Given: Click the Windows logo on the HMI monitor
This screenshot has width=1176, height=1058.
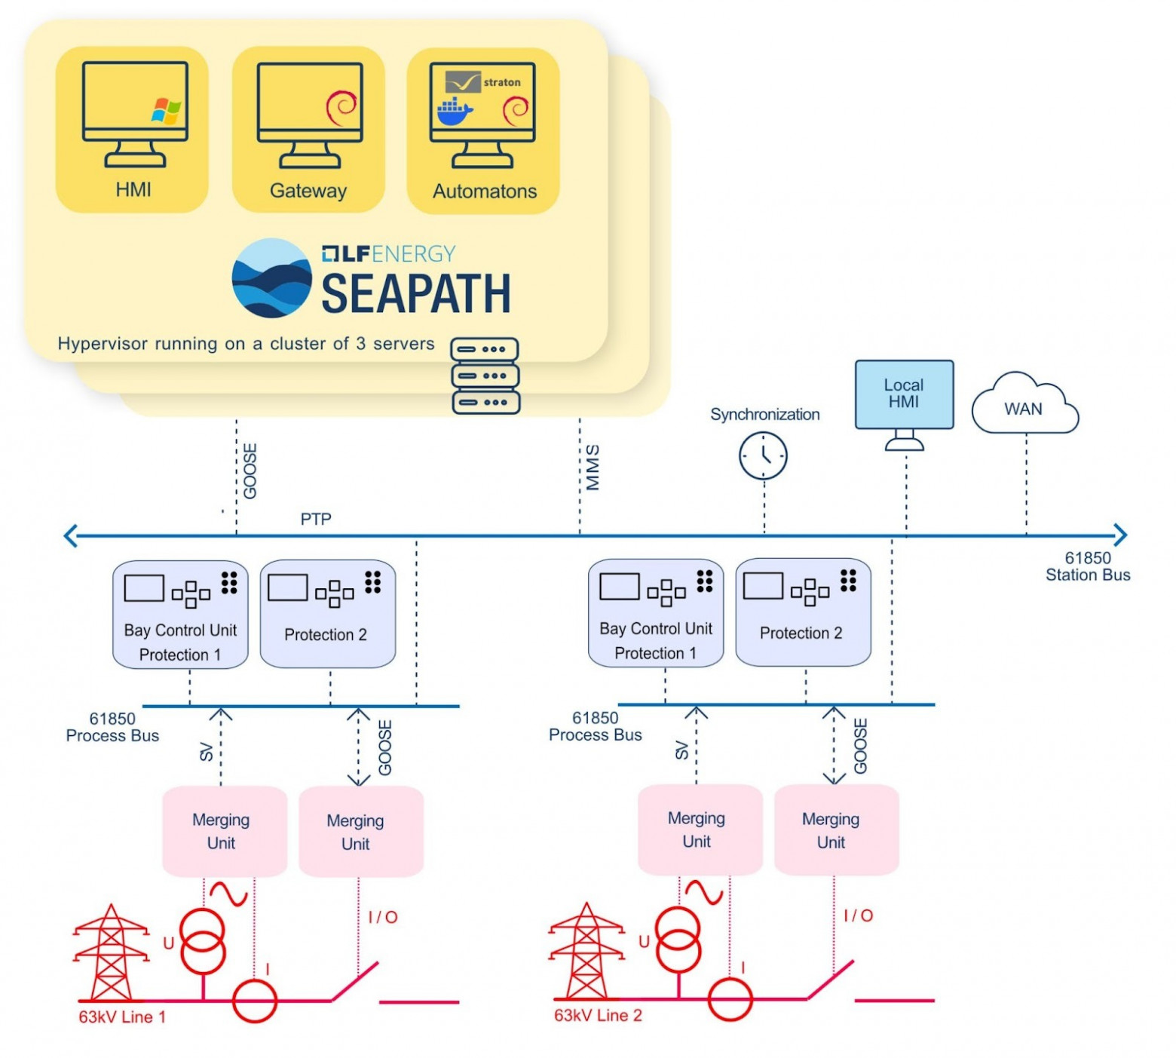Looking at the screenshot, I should pos(166,110).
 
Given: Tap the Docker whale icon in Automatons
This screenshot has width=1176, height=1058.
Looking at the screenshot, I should pos(455,112).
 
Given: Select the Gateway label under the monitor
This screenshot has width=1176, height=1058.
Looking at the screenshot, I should pos(308,191).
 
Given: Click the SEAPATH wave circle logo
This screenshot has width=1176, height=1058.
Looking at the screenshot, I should pos(271,278).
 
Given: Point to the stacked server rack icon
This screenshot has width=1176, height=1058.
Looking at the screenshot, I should pos(485,376).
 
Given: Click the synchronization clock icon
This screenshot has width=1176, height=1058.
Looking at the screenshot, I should pos(763,455).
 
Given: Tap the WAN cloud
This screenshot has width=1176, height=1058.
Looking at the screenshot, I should pos(1024,407).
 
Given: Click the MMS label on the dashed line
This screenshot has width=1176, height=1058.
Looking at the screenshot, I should pos(593,468).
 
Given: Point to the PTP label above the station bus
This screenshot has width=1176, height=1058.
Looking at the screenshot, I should pos(316,519).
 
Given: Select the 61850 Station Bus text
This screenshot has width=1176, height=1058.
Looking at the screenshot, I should pos(1087,566).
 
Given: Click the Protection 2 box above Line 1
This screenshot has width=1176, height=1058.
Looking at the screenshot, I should pos(327,613).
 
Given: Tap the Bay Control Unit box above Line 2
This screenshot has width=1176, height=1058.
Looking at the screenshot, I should pos(655,612).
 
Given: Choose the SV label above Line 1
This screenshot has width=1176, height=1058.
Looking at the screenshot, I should pos(206,751).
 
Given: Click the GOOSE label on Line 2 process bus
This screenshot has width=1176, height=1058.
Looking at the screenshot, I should pos(860,746).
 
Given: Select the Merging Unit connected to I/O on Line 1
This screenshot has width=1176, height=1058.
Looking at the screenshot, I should pos(360,831).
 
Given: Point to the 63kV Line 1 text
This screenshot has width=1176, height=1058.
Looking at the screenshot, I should pos(122,1017).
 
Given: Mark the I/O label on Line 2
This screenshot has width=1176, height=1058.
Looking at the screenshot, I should pos(858,915).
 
